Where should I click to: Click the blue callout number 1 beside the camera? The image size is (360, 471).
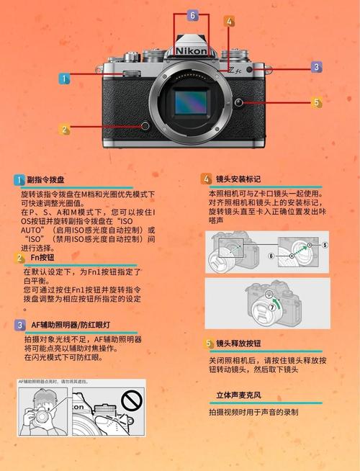(x=64, y=79)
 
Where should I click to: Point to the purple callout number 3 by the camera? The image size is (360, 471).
(x=316, y=67)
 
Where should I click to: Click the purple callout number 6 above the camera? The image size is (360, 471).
(x=192, y=15)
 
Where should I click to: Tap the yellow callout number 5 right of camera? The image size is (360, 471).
(x=316, y=103)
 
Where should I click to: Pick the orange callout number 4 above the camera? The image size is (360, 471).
(x=229, y=22)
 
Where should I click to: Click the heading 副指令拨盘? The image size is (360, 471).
(x=45, y=180)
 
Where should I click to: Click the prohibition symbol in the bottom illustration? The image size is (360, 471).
(x=131, y=399)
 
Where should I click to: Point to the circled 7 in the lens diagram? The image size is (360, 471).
(x=272, y=306)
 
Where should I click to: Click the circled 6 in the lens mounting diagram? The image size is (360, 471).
(x=271, y=256)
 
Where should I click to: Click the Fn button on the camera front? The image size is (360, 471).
(x=145, y=126)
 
